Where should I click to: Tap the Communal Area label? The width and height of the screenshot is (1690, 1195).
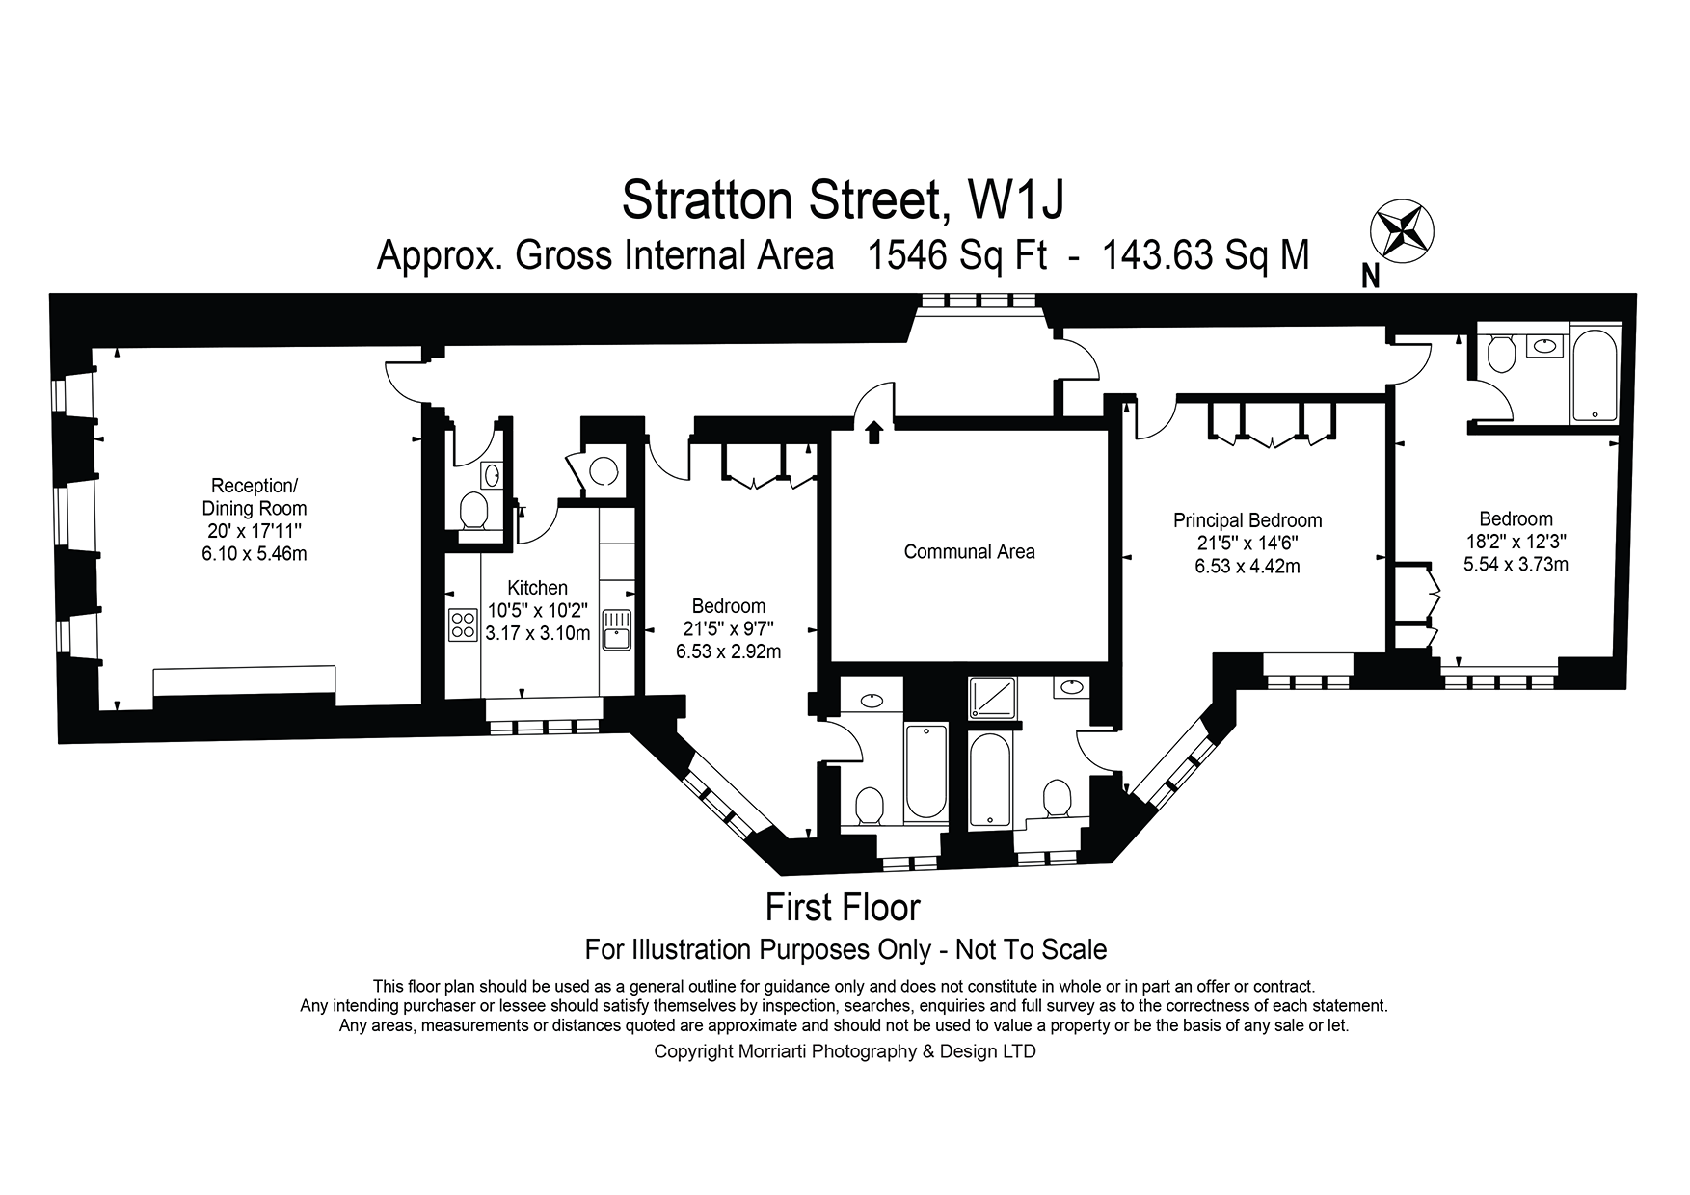[x=969, y=552]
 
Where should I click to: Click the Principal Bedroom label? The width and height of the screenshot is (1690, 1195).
[x=1247, y=520]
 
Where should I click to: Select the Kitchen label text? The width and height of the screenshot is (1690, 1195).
[x=538, y=588]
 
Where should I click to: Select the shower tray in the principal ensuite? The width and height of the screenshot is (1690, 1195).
[x=993, y=700]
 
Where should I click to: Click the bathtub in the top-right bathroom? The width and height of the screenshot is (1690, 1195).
[x=1597, y=377]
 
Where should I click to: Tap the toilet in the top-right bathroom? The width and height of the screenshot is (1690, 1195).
[x=1501, y=355]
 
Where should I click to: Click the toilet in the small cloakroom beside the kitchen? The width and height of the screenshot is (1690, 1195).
[x=473, y=511]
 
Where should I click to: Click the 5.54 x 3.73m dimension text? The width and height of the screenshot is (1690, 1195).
[x=1516, y=565]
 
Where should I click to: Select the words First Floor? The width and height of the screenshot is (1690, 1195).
[x=843, y=908]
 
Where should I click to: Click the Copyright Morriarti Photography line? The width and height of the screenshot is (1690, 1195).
[x=845, y=1051]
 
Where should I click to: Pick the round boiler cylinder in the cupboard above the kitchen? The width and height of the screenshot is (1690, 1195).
[x=604, y=470]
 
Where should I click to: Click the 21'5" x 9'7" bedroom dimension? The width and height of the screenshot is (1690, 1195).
[x=728, y=628]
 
